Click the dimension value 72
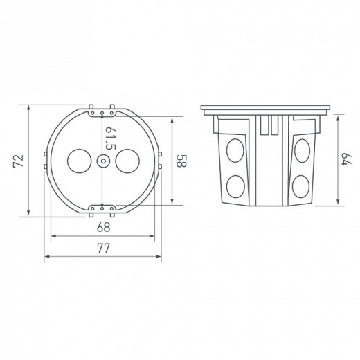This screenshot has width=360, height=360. coord(19,161)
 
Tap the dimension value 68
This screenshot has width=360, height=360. coord(104,227)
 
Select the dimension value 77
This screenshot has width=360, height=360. coord(103,249)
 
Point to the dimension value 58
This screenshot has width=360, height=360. coord(181,161)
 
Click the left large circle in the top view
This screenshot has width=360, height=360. coord(80,161)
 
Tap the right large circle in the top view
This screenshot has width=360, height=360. coord(127,161)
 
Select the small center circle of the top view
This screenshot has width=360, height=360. coord(102,161)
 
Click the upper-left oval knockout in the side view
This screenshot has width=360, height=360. coord(235,150)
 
